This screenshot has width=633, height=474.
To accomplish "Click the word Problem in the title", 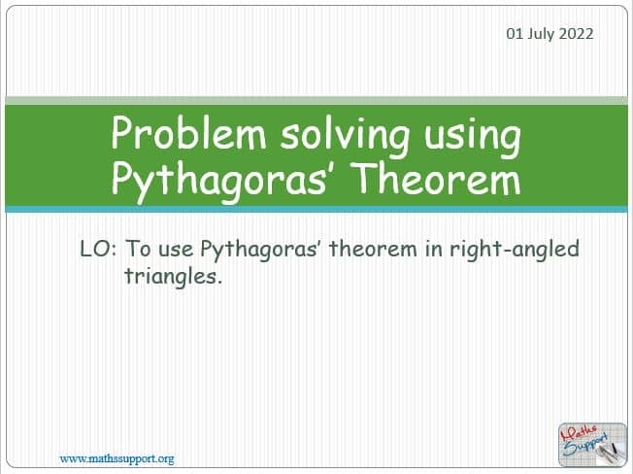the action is click(188, 133).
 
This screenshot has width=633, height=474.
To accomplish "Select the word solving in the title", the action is click(346, 136).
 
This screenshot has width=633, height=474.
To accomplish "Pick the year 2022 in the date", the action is click(576, 34).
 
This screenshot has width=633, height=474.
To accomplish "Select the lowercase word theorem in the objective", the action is click(373, 249).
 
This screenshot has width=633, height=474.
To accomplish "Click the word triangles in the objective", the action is click(173, 277).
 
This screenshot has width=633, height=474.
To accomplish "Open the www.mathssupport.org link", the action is click(117, 459).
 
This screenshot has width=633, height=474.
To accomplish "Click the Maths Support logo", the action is click(592, 444).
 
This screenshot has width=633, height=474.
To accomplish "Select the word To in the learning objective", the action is click(139, 249).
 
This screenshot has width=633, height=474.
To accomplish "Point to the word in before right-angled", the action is click(433, 250).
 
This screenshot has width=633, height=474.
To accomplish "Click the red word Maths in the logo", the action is click(579, 433).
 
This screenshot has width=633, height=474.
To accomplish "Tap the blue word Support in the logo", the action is click(585, 445).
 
